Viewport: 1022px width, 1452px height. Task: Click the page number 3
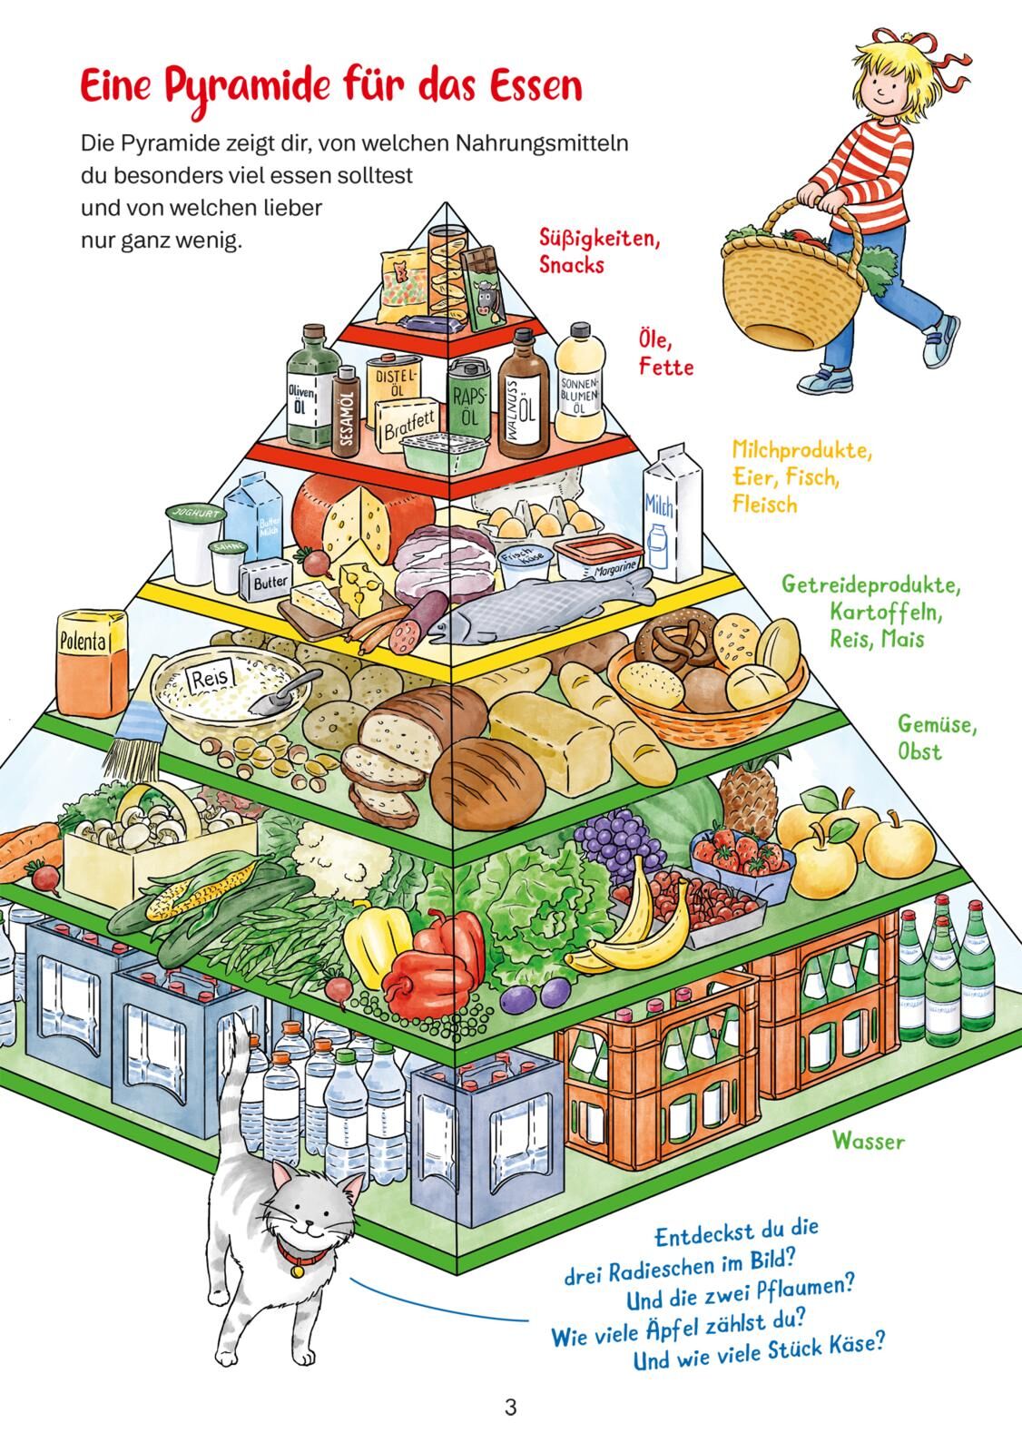click(x=510, y=1408)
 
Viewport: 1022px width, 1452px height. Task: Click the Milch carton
click(x=673, y=515)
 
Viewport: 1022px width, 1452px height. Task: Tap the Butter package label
click(x=270, y=581)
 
